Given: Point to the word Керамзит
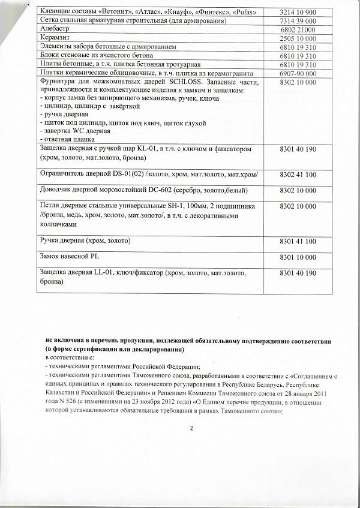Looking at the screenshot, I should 55,38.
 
